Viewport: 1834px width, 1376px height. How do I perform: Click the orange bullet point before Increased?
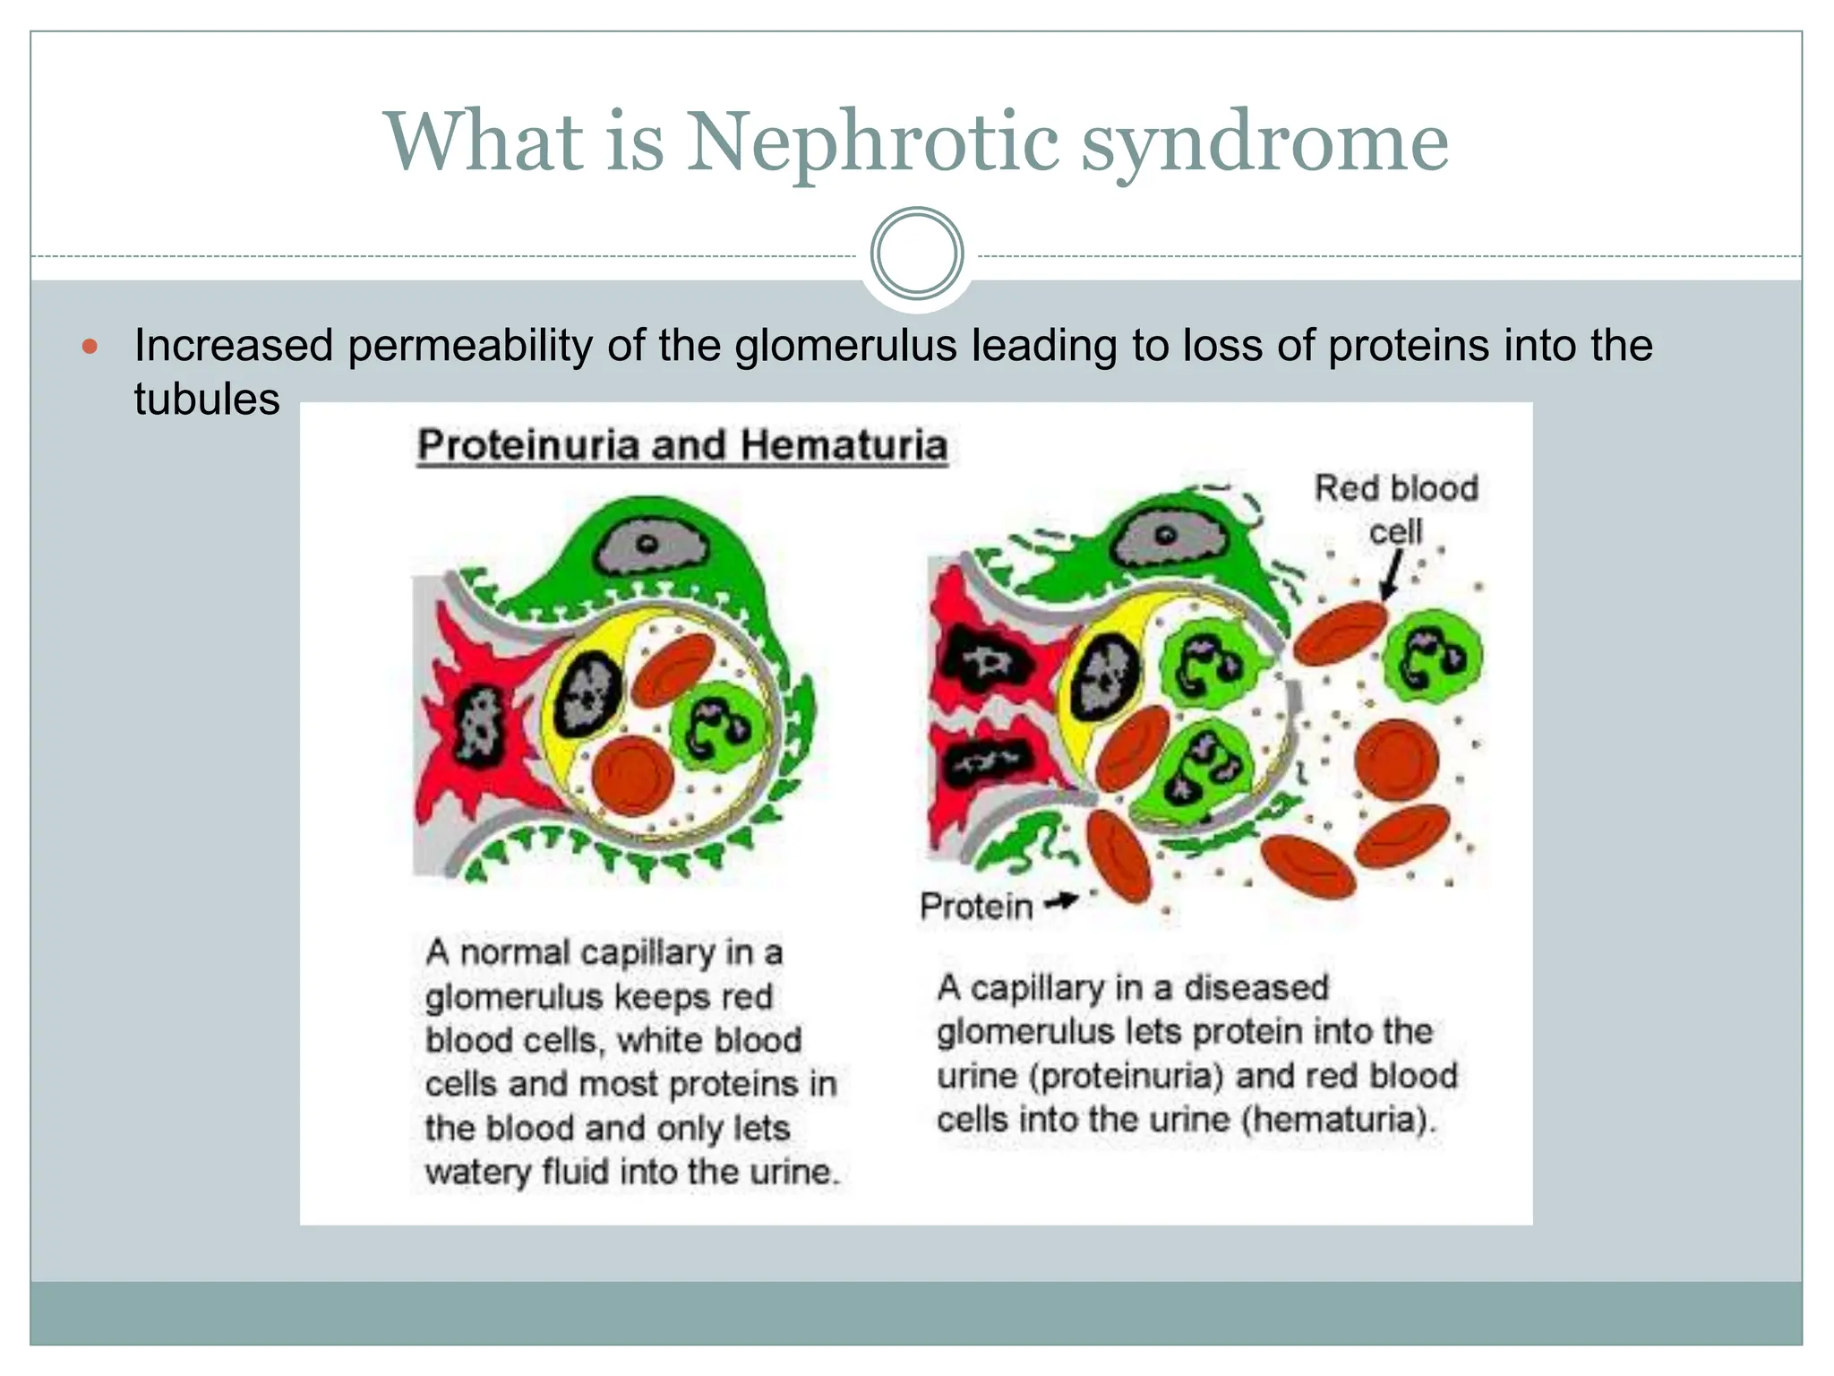90,347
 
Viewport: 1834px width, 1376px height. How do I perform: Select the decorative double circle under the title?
916,254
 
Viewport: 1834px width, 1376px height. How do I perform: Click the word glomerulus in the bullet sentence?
845,346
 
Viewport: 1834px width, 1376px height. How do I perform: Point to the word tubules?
206,399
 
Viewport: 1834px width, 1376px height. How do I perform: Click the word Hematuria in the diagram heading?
844,445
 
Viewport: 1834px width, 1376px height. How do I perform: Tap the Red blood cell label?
1395,508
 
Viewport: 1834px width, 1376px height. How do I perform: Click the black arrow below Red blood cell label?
1392,573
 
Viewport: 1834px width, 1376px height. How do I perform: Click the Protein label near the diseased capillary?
975,907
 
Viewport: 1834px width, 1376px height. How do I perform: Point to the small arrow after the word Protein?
1062,901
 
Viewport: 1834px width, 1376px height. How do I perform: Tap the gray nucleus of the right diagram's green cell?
1165,536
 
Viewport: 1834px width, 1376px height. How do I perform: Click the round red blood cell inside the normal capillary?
633,775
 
